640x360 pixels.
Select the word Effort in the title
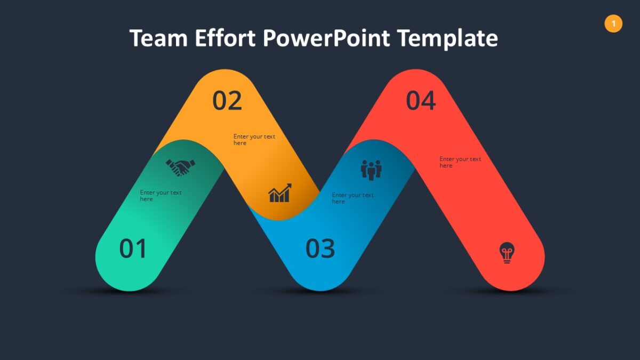[x=226, y=39]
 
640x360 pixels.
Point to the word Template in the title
[x=447, y=39]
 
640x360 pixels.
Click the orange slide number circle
[x=613, y=23]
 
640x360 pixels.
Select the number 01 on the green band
[x=133, y=249]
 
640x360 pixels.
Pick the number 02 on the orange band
[x=227, y=101]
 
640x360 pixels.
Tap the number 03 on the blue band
[x=320, y=249]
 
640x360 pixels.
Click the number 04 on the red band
[x=421, y=101]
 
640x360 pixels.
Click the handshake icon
[x=180, y=168]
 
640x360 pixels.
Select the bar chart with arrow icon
[x=280, y=193]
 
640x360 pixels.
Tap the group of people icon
[x=371, y=170]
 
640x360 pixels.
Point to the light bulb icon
[x=507, y=252]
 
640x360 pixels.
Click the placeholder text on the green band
[x=161, y=196]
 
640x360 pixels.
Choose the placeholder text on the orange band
[x=254, y=140]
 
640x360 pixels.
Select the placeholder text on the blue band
[x=353, y=198]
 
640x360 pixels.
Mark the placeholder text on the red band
[x=460, y=162]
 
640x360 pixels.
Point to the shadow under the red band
[x=512, y=292]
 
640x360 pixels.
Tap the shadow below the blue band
[x=320, y=292]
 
